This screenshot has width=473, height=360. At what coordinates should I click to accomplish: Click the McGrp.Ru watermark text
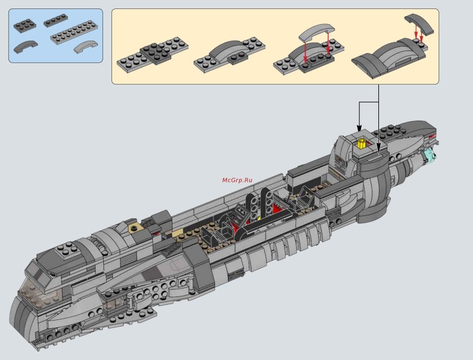point(237,180)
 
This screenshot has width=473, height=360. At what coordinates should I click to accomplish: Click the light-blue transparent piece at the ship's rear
point(430,157)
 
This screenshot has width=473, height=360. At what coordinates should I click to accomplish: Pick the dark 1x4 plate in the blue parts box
point(56,20)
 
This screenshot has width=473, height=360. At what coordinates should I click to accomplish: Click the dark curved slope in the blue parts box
point(25,46)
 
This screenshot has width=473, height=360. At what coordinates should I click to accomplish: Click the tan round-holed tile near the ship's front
point(135,228)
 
